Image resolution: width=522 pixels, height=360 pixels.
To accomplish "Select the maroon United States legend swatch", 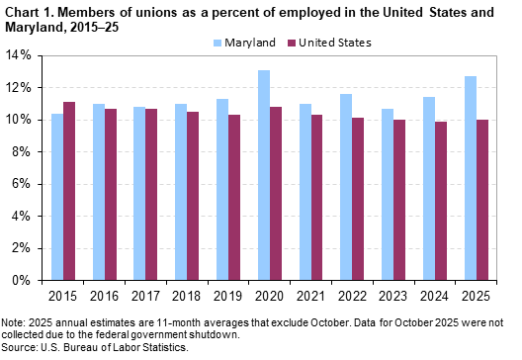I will click(x=294, y=44).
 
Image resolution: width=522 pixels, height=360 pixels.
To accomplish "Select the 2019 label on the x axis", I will click(x=229, y=296).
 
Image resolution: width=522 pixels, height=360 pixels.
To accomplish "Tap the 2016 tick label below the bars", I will click(x=105, y=296).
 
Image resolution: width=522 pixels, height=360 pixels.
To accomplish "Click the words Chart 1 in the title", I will click(x=28, y=10).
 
